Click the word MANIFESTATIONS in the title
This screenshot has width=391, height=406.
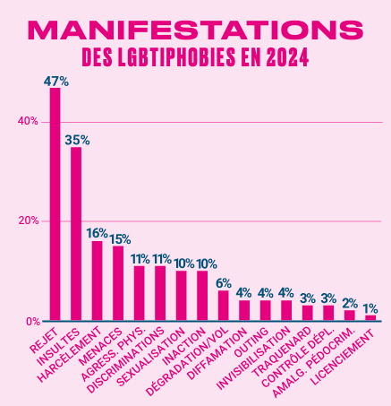click(195, 30)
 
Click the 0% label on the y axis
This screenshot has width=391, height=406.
click(31, 321)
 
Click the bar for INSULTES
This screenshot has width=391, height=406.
click(76, 233)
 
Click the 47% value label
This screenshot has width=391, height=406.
click(55, 81)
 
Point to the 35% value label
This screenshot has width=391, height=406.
click(77, 140)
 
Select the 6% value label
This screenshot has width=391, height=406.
click(224, 283)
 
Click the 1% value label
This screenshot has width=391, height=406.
click(370, 308)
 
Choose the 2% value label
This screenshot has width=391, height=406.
click(349, 303)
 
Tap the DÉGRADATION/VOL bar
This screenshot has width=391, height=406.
click(224, 306)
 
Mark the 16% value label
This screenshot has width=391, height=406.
click(98, 233)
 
